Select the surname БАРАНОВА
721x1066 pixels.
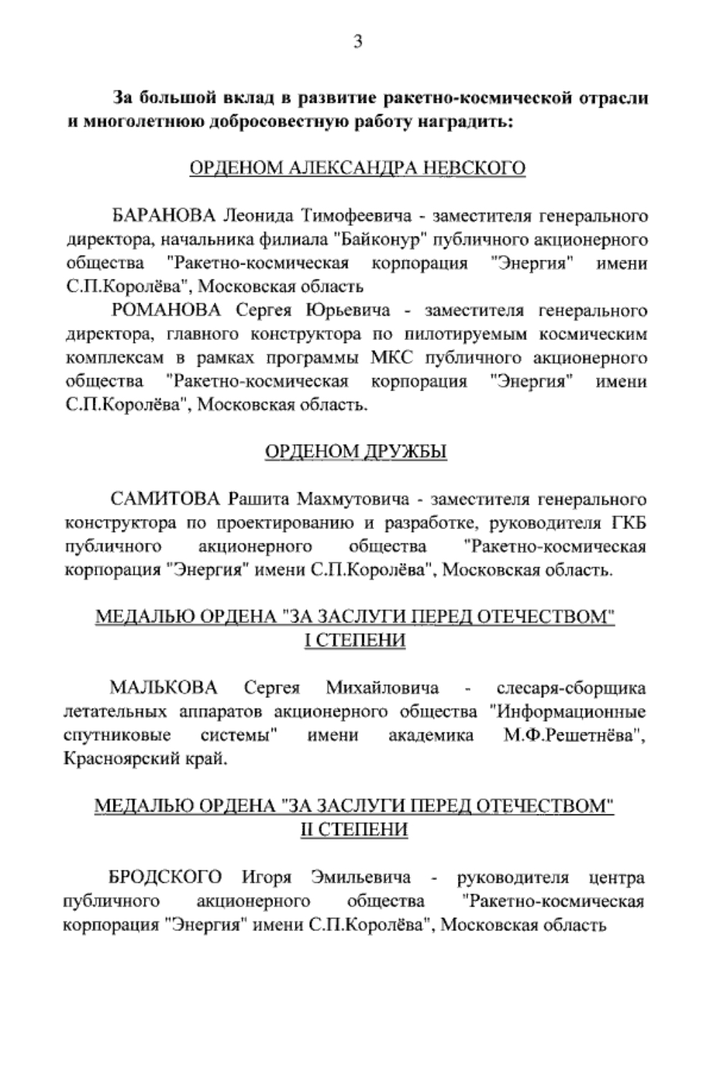point(164,216)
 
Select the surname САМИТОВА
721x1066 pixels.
point(165,499)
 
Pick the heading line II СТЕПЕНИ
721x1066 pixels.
point(354,830)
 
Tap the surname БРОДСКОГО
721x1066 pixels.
point(165,878)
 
